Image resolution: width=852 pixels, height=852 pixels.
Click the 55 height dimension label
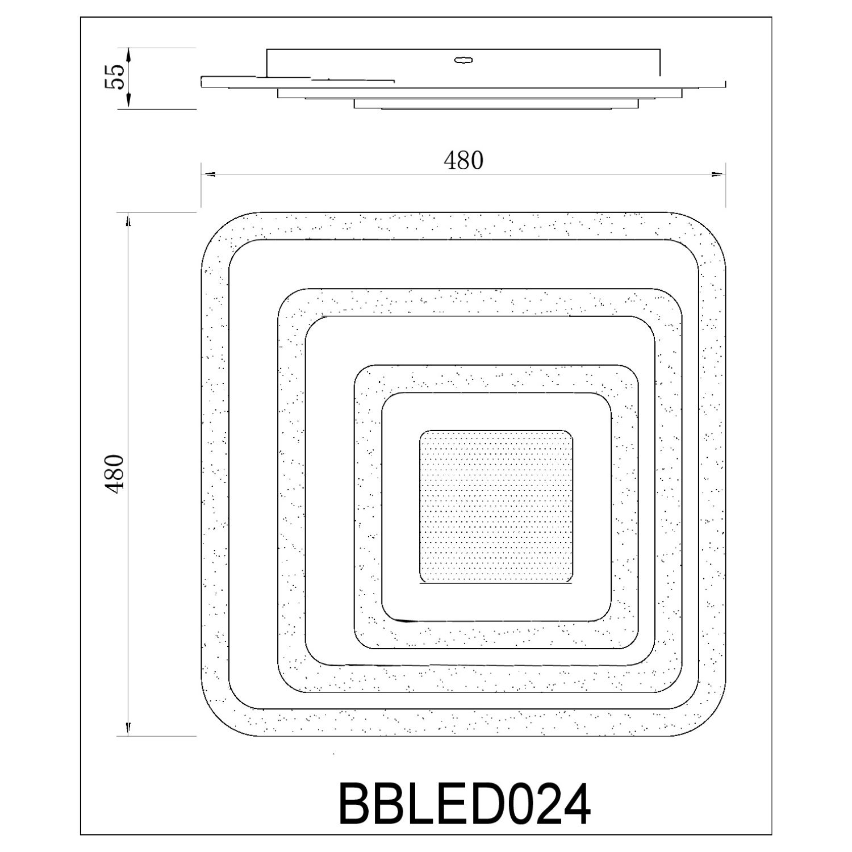[114, 76]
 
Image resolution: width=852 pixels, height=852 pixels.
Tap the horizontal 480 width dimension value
[463, 161]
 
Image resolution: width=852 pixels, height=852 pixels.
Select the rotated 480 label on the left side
[114, 474]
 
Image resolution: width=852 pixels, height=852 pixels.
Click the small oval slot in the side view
[465, 60]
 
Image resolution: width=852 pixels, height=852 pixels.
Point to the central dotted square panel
[496, 507]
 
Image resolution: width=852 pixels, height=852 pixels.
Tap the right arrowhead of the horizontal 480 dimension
[719, 174]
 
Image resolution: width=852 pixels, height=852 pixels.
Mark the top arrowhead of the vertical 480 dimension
[128, 220]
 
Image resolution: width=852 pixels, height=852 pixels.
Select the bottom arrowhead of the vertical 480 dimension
[128, 728]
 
